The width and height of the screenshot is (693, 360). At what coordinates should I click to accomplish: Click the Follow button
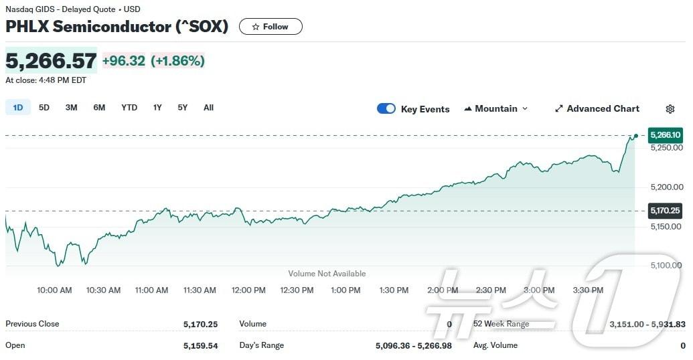tap(271, 27)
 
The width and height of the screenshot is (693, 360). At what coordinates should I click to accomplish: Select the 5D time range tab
tap(44, 108)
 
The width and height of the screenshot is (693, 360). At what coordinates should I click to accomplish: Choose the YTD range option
tap(129, 108)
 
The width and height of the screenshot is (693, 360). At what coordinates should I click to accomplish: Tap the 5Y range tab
tap(183, 108)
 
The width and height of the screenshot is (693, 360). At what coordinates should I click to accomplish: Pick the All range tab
tap(208, 108)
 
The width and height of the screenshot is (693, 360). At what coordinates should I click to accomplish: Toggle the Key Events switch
tap(386, 108)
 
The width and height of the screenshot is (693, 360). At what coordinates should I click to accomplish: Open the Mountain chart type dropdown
tap(496, 108)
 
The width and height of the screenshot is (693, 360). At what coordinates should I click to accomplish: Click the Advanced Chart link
tap(597, 108)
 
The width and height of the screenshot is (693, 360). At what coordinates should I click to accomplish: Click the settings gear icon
tap(670, 109)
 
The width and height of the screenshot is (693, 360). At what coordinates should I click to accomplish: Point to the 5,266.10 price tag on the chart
tap(666, 134)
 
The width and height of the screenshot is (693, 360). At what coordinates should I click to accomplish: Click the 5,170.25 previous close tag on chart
tap(666, 211)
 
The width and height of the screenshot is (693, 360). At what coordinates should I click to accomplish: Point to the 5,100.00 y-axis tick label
tap(666, 266)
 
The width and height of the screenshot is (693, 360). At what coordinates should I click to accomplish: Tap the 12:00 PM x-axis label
tap(248, 290)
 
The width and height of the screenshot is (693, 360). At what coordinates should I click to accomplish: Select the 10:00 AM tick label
tap(55, 290)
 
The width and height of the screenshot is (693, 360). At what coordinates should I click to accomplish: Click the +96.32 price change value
tap(124, 61)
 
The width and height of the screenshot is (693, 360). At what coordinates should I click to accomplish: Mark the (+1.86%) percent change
tap(177, 61)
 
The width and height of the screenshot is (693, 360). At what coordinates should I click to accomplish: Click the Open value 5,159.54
tap(200, 345)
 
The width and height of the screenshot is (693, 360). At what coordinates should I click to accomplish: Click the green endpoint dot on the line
tap(635, 135)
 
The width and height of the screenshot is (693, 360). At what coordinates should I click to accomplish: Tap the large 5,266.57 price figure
tap(51, 61)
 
